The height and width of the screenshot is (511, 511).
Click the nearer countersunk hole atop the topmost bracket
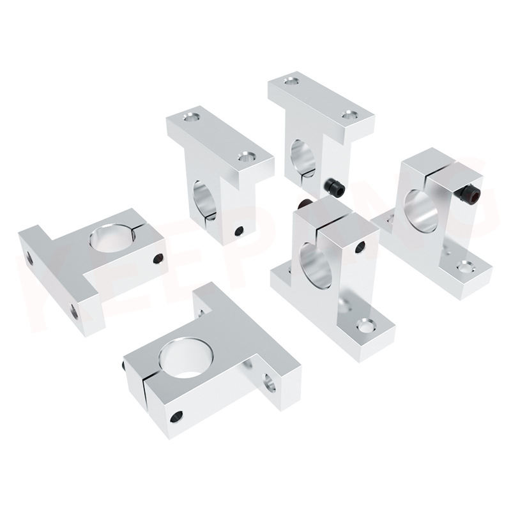[x=348, y=116]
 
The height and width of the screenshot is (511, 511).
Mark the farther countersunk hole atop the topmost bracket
[x=291, y=81]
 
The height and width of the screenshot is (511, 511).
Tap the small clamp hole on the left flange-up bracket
[x=239, y=231]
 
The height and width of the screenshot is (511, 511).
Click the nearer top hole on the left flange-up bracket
[x=245, y=155]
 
